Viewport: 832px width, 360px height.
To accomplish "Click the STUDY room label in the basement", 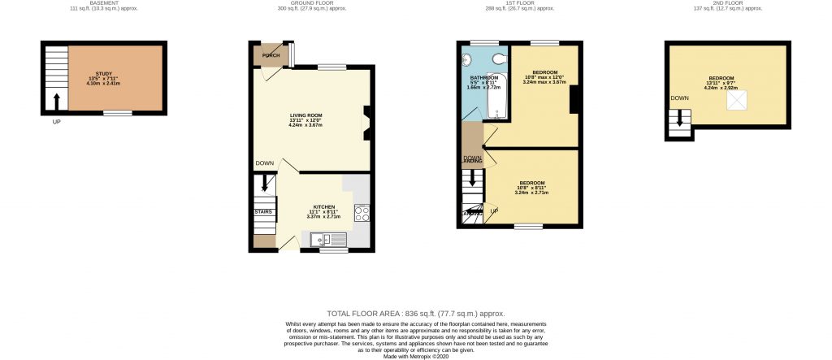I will tap(103, 73).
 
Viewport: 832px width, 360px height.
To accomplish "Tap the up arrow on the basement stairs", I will tap(56, 102).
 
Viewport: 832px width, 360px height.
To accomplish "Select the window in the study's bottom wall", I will tap(118, 113).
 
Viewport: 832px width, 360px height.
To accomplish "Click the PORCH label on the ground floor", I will tap(271, 56).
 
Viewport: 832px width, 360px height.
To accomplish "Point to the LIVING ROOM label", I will tap(306, 115).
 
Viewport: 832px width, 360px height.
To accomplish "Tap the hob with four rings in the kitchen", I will tap(362, 214).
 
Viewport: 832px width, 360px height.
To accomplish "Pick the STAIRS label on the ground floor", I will tap(263, 211).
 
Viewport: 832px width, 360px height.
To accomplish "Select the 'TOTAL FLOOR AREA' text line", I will tap(415, 313).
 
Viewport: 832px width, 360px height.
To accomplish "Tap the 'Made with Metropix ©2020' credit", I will tap(415, 356).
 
